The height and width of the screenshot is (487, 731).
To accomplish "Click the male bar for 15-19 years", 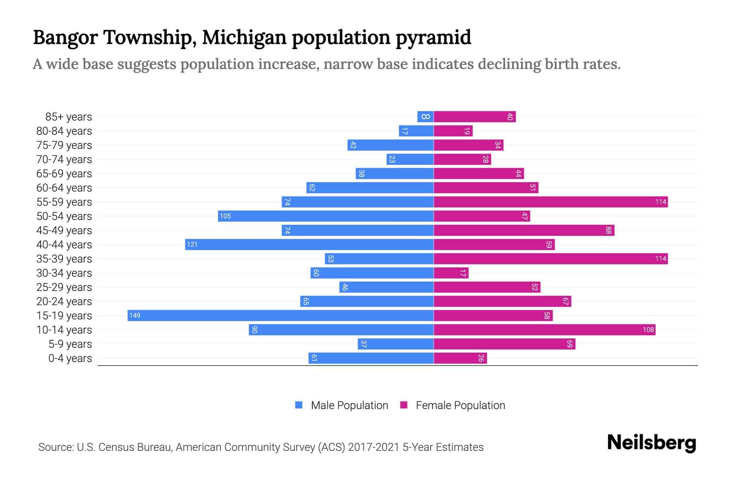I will [x=280, y=315].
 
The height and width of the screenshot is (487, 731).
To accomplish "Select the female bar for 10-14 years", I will [x=544, y=330].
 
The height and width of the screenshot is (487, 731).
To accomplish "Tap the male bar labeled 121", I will [x=309, y=244].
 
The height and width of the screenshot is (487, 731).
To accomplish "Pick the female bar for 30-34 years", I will [x=451, y=273].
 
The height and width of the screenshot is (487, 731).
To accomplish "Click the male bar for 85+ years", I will [x=425, y=116].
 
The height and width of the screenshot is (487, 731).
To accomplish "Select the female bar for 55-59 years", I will [x=550, y=202].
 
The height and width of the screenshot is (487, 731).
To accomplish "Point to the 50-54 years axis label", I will [x=64, y=216].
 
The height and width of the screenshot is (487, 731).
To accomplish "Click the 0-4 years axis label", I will [x=70, y=358].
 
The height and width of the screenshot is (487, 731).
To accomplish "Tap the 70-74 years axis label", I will [x=64, y=159].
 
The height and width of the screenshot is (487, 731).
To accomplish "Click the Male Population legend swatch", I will [x=299, y=405].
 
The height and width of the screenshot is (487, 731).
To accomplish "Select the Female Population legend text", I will [x=460, y=405].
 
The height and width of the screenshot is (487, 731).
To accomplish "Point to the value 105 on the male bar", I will [x=225, y=216].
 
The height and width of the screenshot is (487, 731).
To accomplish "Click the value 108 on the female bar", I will [x=648, y=330].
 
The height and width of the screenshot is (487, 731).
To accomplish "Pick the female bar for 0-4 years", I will [x=460, y=358].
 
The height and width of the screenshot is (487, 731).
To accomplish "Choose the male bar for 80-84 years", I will [x=416, y=131].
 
